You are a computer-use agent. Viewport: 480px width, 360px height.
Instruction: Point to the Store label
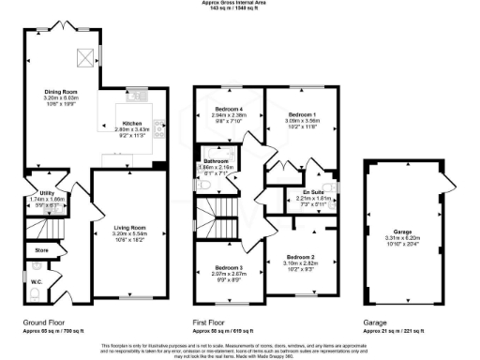(x=40, y=251)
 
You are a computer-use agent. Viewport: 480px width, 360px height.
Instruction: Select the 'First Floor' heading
(x=212, y=322)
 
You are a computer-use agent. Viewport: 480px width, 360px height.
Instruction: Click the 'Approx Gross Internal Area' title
(x=239, y=3)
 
